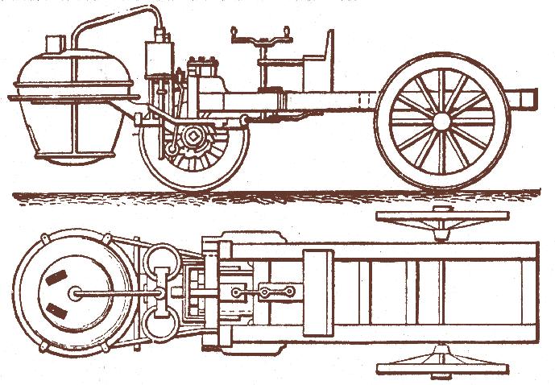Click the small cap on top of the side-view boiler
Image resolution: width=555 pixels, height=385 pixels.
click(55, 43)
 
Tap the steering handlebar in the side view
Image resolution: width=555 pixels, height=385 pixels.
click(259, 35)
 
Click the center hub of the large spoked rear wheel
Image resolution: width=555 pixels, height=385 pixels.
click(441, 121)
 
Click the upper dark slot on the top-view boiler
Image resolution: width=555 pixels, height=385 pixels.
click(56, 279)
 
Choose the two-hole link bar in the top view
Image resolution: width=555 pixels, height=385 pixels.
click(276, 291)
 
